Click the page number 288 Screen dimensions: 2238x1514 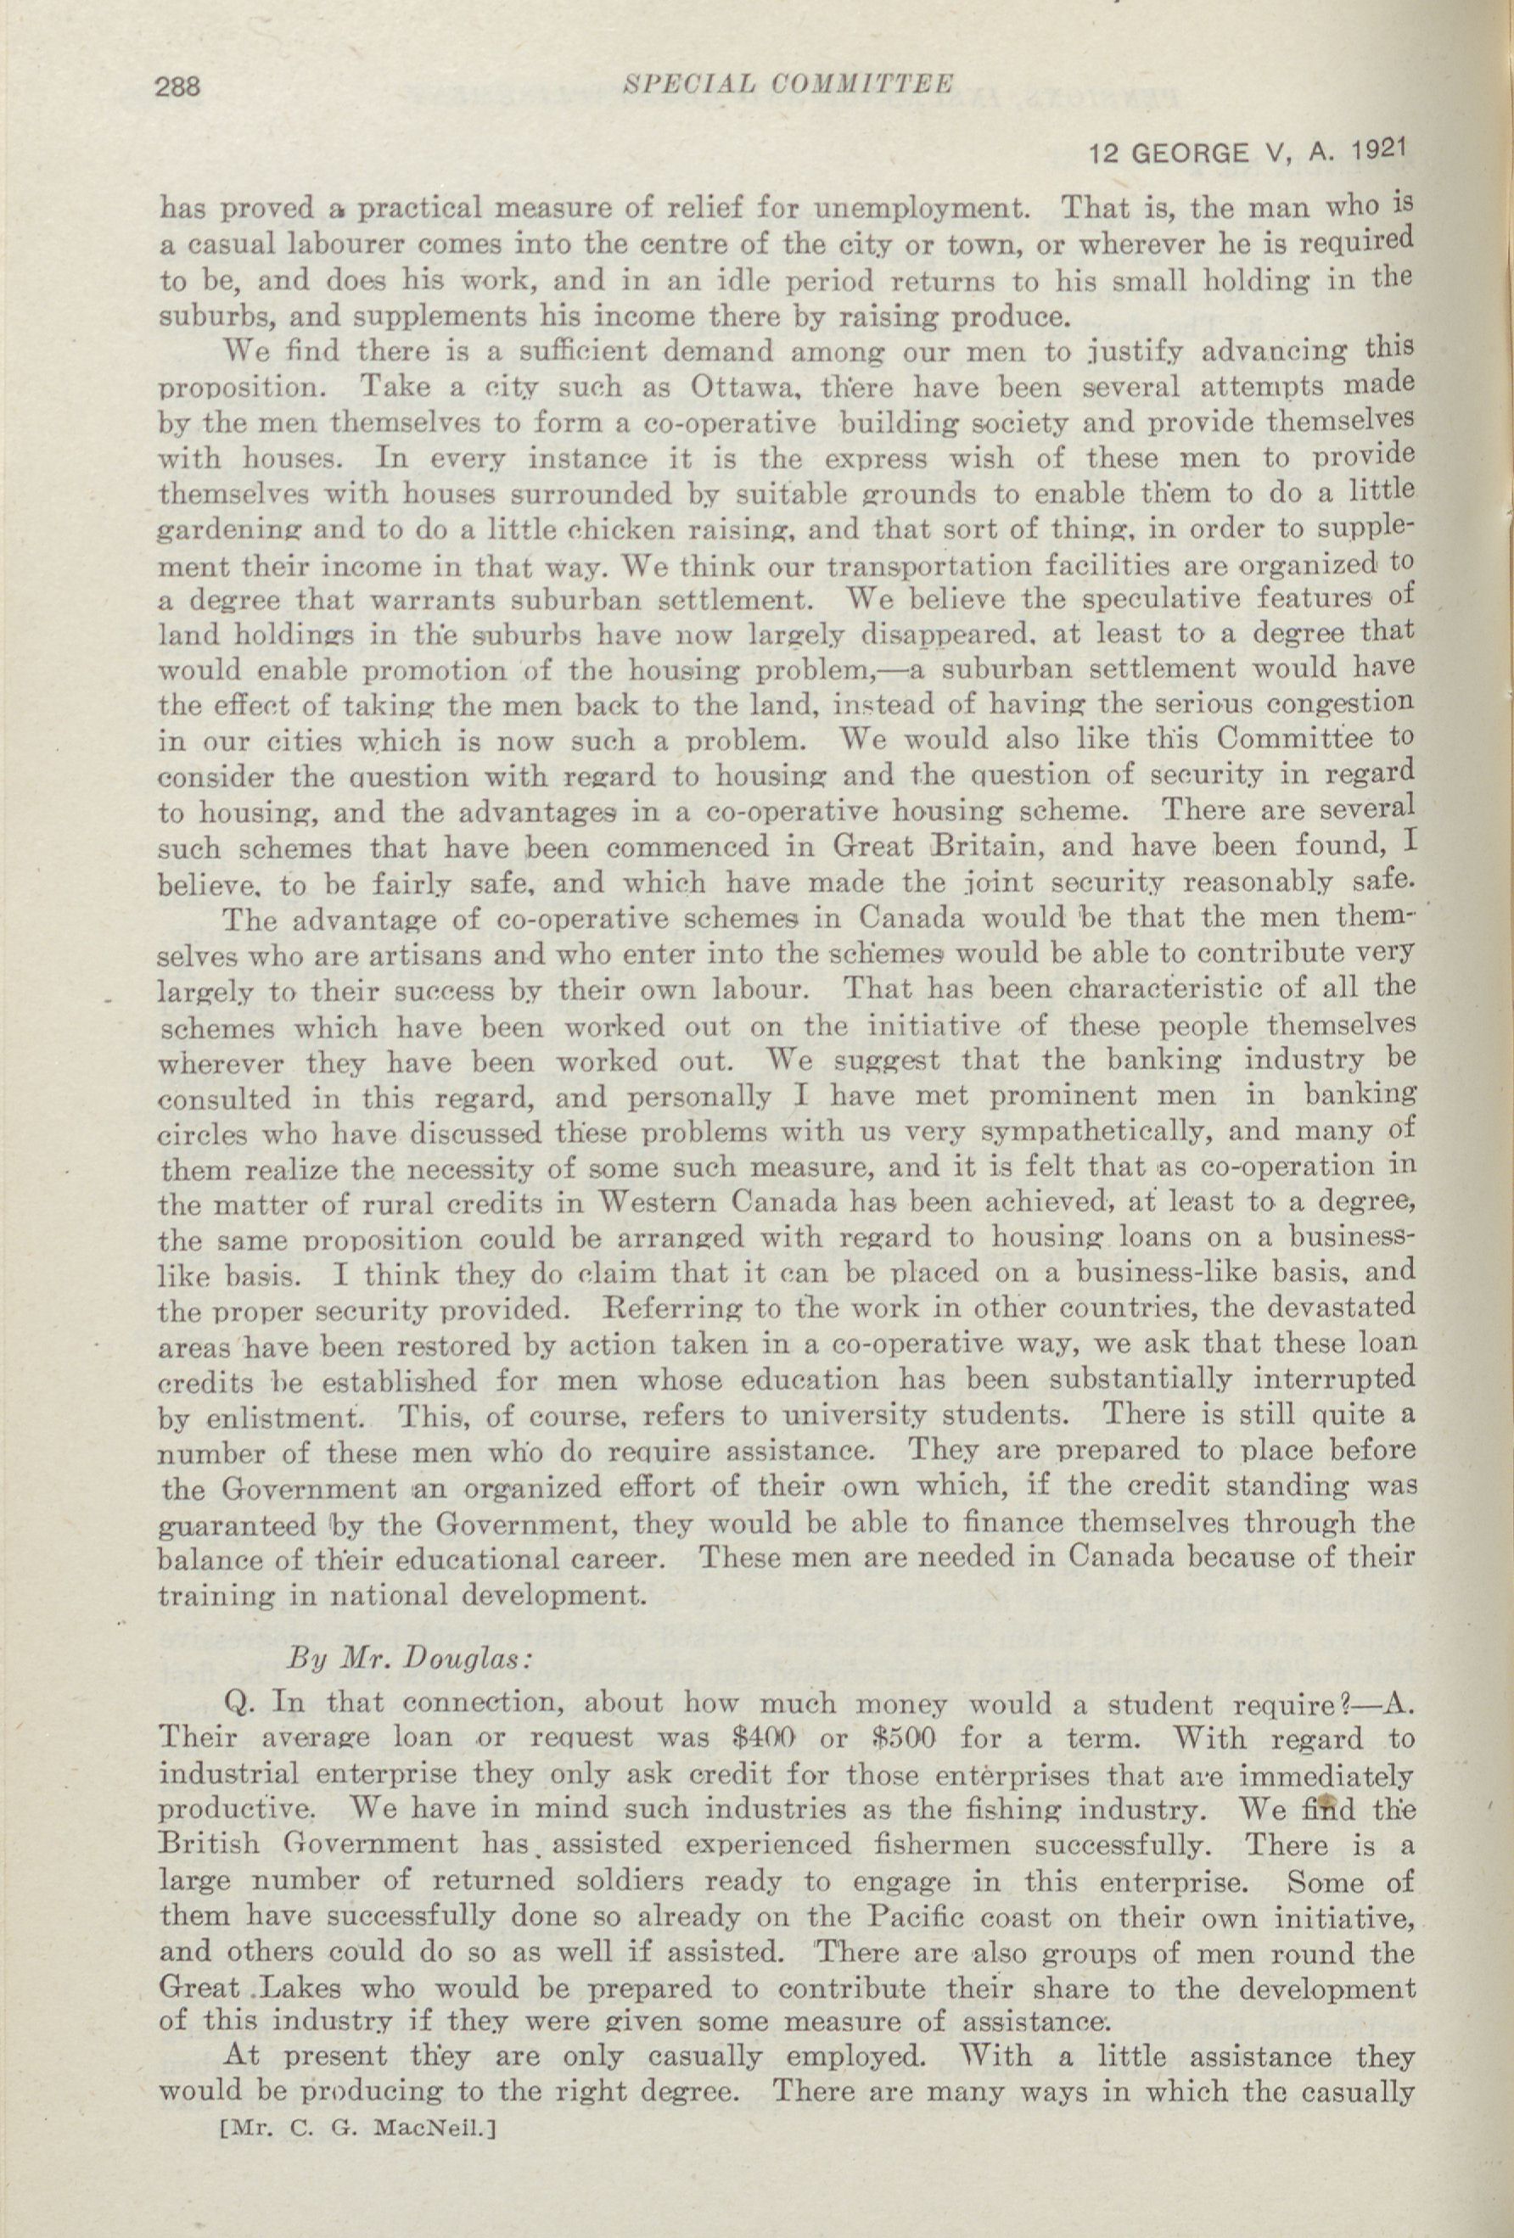(177, 87)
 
